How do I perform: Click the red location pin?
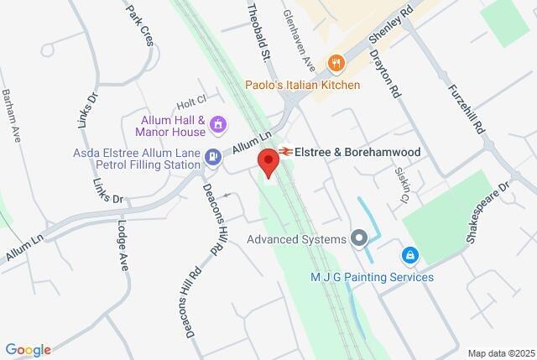pyautogui.click(x=268, y=162)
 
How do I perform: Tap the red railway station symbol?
pyautogui.click(x=285, y=152)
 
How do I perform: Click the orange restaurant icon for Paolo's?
pyautogui.click(x=336, y=63)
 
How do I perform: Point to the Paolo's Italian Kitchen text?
pyautogui.click(x=303, y=85)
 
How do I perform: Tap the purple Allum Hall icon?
pyautogui.click(x=219, y=125)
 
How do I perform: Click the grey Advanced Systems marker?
pyautogui.click(x=360, y=239)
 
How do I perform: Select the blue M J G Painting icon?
pyautogui.click(x=409, y=254)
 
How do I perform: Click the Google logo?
pyautogui.click(x=28, y=349)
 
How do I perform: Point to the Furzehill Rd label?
pyautogui.click(x=467, y=108)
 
